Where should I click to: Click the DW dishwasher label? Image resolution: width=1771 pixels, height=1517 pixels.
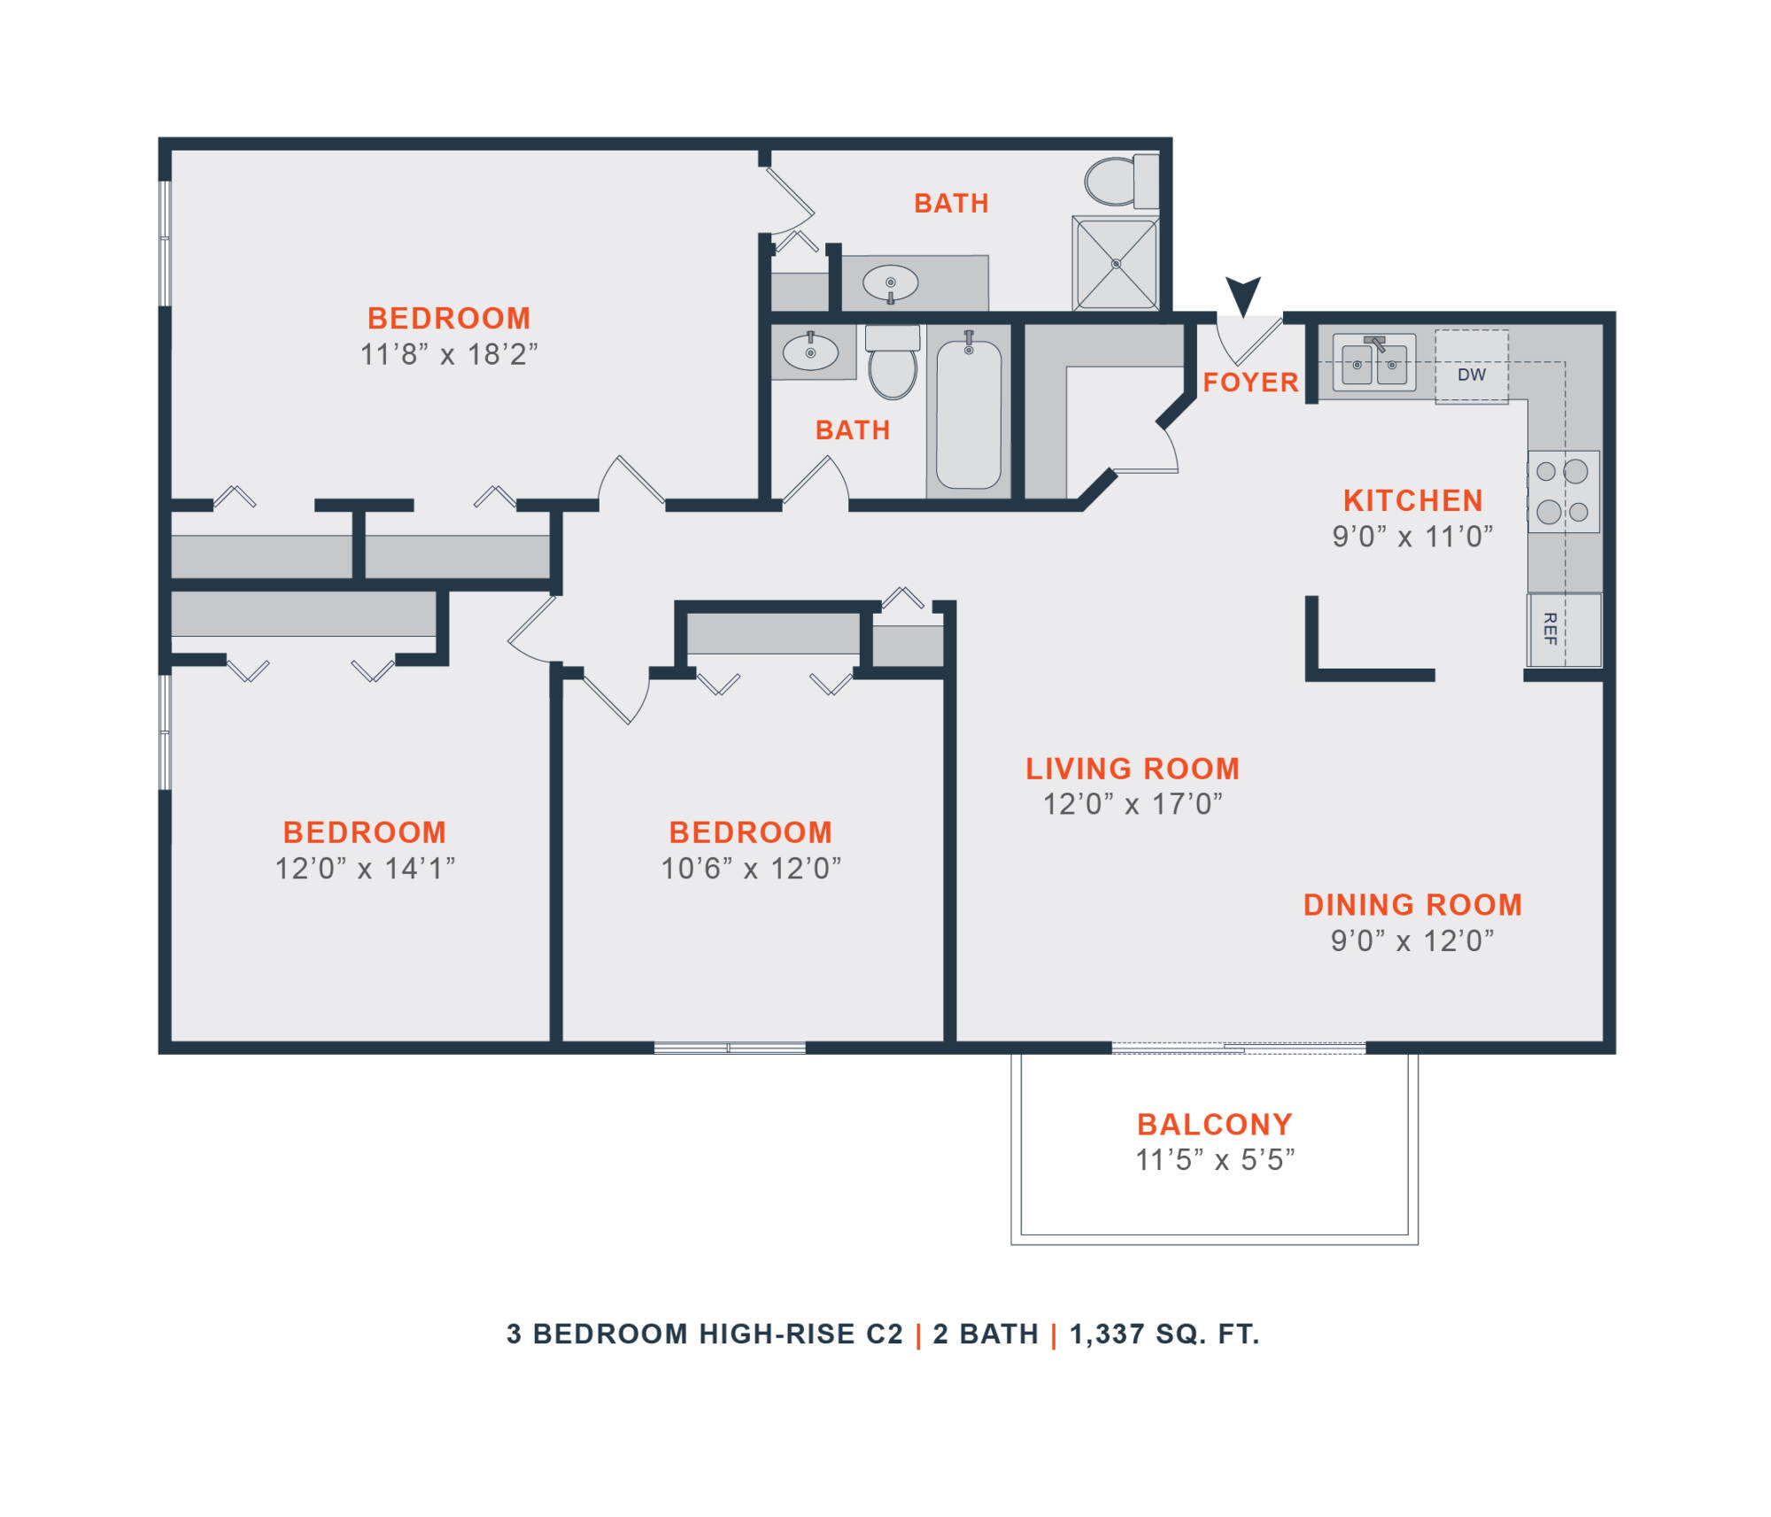1471,375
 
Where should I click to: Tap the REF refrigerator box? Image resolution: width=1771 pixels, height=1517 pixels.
1563,629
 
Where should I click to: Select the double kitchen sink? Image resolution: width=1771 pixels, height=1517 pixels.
1373,362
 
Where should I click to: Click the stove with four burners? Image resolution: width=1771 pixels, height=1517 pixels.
1563,491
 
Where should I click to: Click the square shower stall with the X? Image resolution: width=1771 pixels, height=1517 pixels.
1115,263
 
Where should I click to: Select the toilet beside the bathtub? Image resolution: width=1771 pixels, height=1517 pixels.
893,363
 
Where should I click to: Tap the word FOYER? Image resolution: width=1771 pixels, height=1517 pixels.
1250,383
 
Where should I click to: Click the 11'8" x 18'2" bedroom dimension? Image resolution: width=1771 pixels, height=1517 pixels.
449,354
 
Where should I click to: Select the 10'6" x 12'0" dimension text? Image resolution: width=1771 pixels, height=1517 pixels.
751,868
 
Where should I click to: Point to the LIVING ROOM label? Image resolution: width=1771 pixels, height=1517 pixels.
1133,769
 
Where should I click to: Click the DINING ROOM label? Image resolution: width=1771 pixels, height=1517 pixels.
1412,905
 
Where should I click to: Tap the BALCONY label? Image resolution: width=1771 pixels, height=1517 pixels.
1215,1125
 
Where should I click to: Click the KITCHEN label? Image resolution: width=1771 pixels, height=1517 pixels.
1413,500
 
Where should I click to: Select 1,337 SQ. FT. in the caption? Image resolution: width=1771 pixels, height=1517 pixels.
1164,1334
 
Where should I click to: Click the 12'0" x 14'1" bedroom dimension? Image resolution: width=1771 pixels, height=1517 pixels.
365,868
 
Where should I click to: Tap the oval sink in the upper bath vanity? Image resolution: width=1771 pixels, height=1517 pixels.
890,283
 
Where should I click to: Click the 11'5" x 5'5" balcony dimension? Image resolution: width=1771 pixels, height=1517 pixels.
1215,1160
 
